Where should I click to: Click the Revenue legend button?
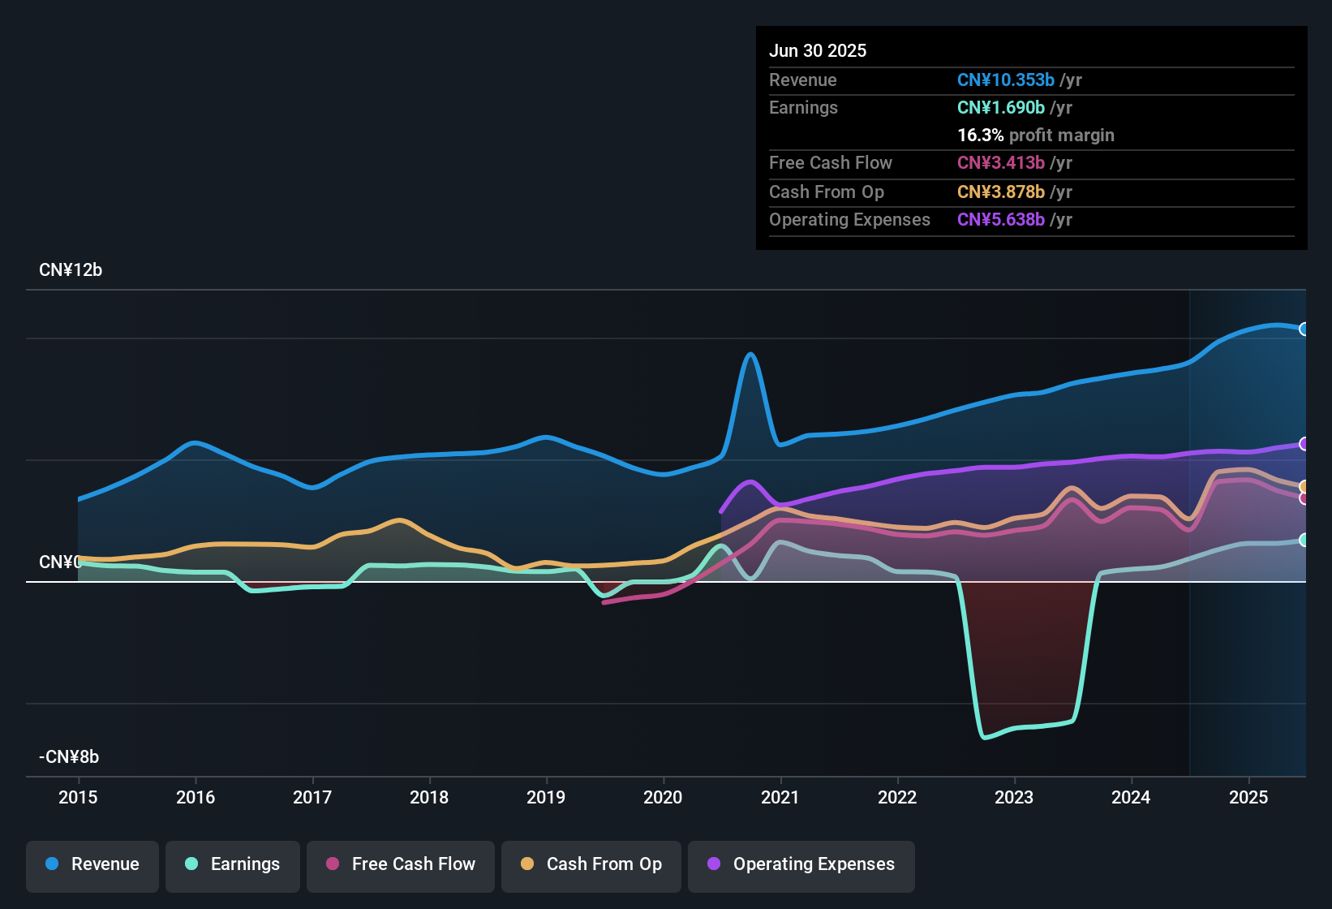pos(92,864)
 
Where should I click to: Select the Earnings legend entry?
pos(233,864)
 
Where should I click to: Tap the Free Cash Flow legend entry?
pos(401,864)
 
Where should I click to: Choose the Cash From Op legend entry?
pos(591,864)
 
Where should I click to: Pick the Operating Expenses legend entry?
pos(801,864)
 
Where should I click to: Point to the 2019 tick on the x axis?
pos(546,797)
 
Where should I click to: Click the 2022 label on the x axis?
pos(897,797)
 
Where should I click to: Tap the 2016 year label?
pos(196,797)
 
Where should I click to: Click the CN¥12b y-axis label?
pos(71,270)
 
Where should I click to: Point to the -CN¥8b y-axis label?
pos(69,757)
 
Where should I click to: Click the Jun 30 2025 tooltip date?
pos(818,51)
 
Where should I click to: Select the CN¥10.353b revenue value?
pos(1006,80)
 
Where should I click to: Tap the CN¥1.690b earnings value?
pos(1001,108)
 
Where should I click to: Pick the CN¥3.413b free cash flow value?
pos(1001,163)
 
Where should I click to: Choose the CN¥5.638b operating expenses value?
pos(1001,220)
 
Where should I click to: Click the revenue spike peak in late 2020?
pos(750,355)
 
